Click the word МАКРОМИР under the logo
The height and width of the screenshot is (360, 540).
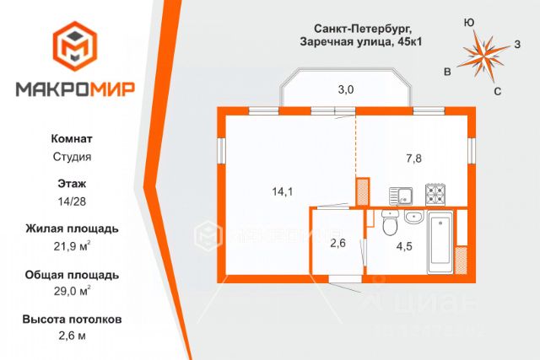[x=76, y=90]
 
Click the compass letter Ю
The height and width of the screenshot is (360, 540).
[x=469, y=24]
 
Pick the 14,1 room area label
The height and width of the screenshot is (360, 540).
[x=282, y=191]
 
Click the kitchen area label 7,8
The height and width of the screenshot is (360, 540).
[x=414, y=158]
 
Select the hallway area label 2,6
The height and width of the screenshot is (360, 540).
[x=337, y=244]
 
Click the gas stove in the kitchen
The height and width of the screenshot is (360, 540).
[x=435, y=195]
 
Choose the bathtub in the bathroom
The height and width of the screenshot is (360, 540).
[x=440, y=242]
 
